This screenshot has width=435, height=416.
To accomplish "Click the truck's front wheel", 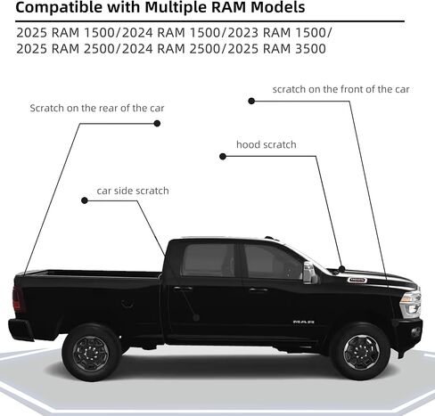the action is [360, 352].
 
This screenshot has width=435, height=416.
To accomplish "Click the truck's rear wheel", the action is [91, 353].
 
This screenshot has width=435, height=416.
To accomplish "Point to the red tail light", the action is [18, 299].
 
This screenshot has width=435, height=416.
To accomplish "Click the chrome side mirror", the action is [309, 273].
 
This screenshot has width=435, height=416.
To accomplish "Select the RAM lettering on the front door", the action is [303, 322].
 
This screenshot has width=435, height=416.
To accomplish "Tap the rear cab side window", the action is [209, 260].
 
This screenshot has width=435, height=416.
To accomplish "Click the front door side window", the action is [273, 262].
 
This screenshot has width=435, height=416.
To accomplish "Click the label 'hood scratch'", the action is [267, 144].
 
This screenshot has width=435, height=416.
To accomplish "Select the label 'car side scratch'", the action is [133, 191].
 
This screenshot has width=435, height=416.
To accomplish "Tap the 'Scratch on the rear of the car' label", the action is [97, 108].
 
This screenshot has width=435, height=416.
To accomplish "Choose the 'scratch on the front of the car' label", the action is [341, 89].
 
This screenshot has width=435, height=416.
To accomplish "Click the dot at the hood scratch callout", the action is [223, 156].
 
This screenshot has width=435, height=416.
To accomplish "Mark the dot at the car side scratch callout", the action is [85, 200].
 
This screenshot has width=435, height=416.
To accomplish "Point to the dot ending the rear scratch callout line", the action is [157, 123].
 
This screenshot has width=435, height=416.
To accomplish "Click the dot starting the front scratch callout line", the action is [251, 101].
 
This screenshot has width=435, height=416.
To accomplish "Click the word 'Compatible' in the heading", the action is [59, 8].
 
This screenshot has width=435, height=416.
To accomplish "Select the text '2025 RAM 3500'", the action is [276, 49].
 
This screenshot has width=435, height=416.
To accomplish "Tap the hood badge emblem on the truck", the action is [357, 280].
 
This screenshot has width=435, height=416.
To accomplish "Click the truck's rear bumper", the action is [21, 329].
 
